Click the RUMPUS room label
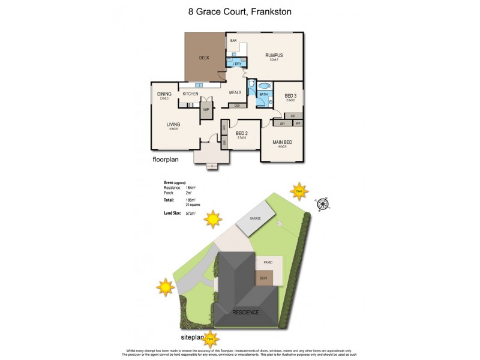point(274,55)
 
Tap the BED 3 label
point(290,96)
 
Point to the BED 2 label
point(242,134)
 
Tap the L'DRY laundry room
point(229,63)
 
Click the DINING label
point(164,94)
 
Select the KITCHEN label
point(190,94)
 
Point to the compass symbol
point(323,204)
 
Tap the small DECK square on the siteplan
point(263,278)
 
